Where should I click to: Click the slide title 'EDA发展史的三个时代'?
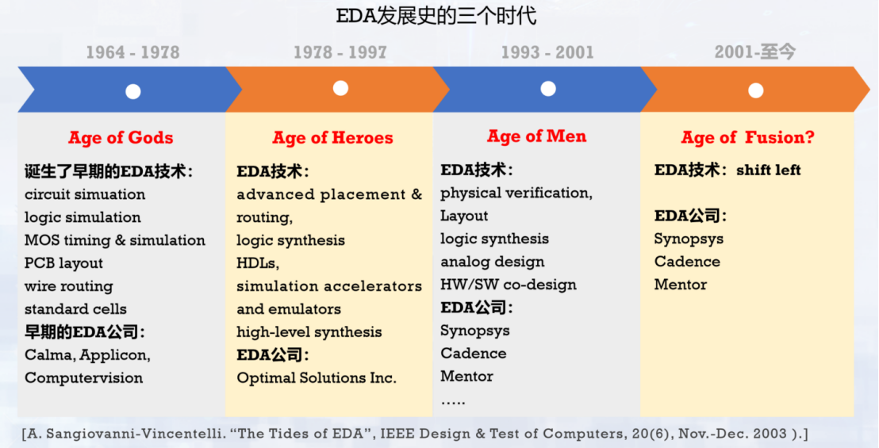tap(438, 16)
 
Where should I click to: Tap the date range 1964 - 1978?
tap(133, 52)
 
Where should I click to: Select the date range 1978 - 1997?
tap(340, 52)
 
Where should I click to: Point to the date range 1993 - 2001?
tap(547, 52)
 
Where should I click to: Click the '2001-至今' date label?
tap(755, 52)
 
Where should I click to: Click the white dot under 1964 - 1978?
tap(132, 91)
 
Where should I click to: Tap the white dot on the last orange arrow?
tap(755, 90)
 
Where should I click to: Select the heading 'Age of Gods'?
tap(121, 138)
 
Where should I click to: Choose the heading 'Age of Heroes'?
tap(332, 138)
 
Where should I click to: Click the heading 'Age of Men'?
tap(537, 136)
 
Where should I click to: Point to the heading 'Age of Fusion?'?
tap(747, 138)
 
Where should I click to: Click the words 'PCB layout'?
tap(63, 263)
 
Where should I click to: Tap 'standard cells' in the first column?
tap(75, 309)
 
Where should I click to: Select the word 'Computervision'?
tap(84, 378)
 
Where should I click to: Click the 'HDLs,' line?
tap(258, 263)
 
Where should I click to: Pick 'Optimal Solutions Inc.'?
tap(317, 378)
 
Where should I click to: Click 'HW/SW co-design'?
tap(509, 285)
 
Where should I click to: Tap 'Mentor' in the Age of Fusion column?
tap(681, 285)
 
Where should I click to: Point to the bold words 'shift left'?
tap(769, 170)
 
